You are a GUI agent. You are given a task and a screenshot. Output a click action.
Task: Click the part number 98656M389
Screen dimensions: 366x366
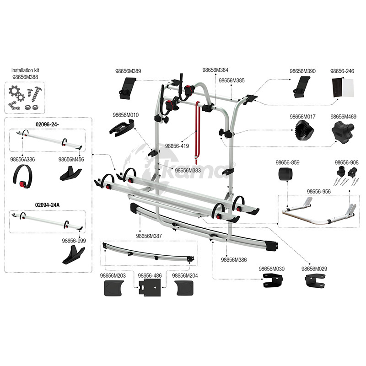tap(128, 71)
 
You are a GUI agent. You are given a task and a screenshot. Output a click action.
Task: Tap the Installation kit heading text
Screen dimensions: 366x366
tap(25, 70)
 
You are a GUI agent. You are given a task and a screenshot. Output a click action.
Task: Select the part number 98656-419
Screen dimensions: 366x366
tap(177, 146)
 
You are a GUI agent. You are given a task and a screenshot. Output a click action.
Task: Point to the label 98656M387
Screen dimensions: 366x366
tap(149, 236)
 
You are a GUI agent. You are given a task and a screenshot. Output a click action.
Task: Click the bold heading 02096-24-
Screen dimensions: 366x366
tap(47, 124)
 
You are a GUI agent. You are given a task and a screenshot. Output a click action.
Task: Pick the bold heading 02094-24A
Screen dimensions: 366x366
tap(47, 205)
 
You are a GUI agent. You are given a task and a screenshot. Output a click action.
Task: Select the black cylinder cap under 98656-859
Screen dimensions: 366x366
tap(285, 174)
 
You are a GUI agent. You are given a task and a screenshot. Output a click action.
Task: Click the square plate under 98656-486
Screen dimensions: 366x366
tap(150, 288)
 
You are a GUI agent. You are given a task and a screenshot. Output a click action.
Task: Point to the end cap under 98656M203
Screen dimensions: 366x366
tap(114, 288)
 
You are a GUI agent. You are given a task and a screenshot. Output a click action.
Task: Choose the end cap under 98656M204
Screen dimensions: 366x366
tap(184, 288)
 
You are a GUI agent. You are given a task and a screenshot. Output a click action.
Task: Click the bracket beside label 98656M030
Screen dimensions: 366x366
tap(273, 280)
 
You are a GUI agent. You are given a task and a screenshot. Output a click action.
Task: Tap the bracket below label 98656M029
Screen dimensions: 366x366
tap(315, 280)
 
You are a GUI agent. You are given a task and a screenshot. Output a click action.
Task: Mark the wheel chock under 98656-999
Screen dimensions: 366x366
tap(73, 255)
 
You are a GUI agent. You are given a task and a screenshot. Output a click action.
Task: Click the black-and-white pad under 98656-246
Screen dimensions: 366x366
tap(343, 87)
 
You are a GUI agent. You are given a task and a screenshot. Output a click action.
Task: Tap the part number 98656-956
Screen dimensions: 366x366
tap(318, 192)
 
